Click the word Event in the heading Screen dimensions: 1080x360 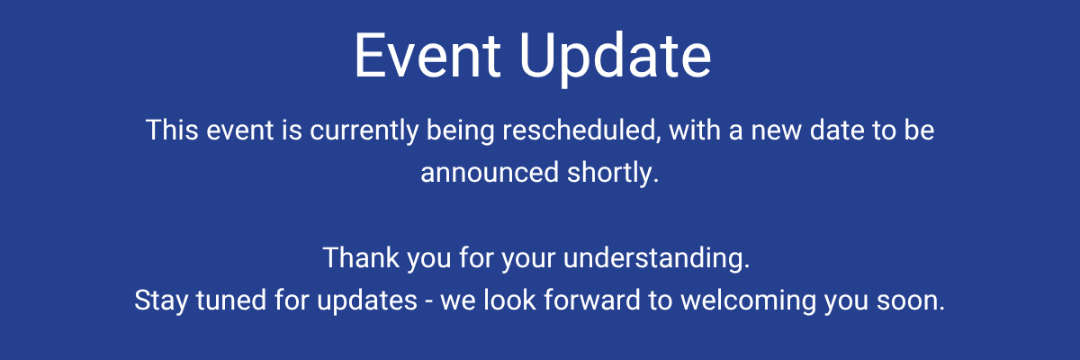click(427, 55)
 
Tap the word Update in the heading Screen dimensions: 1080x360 click(615, 58)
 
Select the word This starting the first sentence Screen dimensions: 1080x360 click(172, 130)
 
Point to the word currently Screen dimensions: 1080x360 click(364, 131)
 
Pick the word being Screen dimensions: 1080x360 click(461, 131)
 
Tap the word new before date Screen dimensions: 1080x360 click(776, 132)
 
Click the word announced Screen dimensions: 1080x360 click(490, 173)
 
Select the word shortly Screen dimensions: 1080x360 click(613, 174)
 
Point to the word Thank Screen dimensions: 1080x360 click(361, 257)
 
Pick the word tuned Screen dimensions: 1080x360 click(231, 301)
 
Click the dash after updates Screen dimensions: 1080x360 click(429, 302)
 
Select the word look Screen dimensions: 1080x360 click(509, 300)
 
